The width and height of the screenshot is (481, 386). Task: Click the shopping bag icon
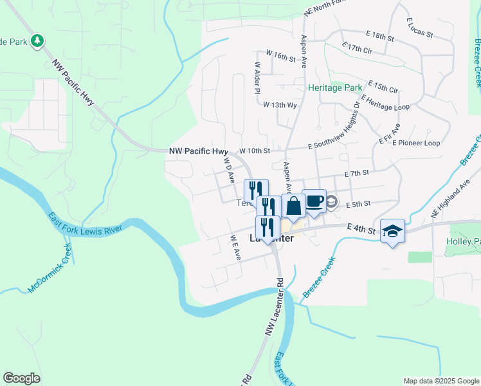[293, 207]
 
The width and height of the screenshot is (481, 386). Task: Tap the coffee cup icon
[314, 201]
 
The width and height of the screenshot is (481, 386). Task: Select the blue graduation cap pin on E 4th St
[392, 230]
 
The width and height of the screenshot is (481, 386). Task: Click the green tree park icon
[38, 41]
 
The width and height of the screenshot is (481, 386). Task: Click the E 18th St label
[378, 37]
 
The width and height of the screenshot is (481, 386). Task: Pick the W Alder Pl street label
[257, 77]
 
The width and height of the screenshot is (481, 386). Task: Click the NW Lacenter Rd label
[273, 305]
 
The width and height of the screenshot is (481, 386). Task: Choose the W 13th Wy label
[280, 105]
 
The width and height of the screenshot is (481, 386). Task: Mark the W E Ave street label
[235, 247]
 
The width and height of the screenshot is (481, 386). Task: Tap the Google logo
[21, 378]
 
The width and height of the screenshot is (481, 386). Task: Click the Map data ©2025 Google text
[440, 381]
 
